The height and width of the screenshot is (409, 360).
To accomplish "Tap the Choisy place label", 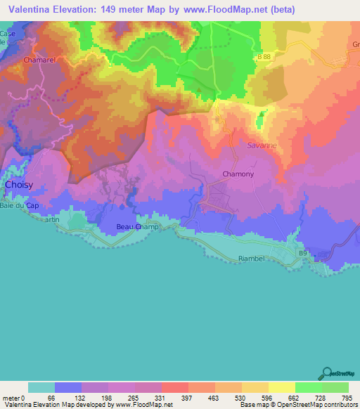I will coord(18,185).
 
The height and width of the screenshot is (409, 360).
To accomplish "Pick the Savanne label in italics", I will coord(262,145).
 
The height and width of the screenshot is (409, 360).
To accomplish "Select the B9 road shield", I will coord(302,252).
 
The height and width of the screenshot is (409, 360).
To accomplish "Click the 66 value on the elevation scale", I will coord(51,398).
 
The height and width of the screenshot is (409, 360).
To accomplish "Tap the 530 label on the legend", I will coord(240,398).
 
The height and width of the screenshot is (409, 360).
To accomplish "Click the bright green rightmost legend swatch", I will coord(335,387).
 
